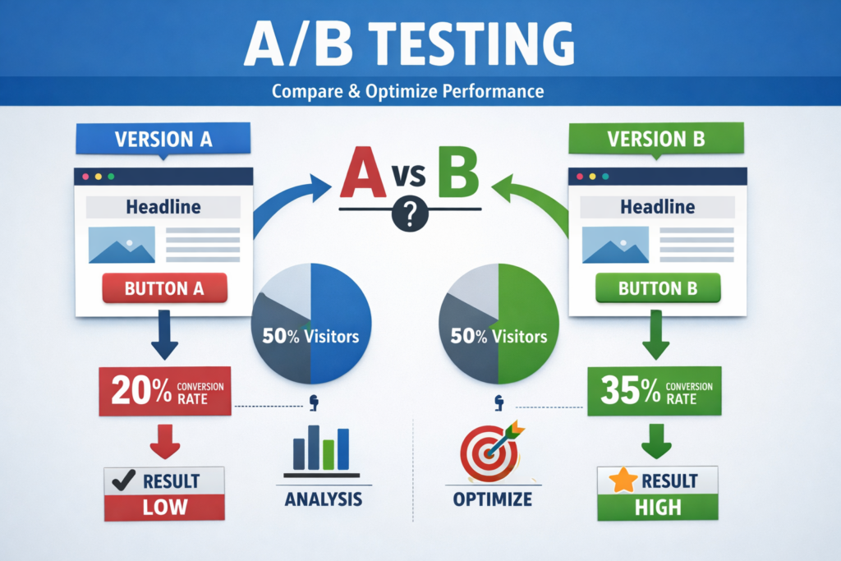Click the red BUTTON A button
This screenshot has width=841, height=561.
[164, 288]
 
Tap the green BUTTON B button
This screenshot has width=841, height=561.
[658, 288]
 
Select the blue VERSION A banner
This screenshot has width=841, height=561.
[163, 139]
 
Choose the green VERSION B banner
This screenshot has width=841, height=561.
[656, 139]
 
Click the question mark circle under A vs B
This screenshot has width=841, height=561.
[411, 214]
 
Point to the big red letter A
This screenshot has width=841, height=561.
[363, 172]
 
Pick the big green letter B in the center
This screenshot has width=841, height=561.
[458, 172]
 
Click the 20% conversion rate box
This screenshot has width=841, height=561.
[165, 391]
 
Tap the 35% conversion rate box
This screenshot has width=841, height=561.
[655, 391]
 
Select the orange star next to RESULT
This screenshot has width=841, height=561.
[623, 481]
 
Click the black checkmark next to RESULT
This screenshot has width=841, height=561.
[123, 481]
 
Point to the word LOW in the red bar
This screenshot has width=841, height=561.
[165, 507]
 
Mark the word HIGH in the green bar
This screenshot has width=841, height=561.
[658, 507]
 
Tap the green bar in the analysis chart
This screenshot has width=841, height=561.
[329, 455]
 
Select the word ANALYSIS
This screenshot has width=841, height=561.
[324, 499]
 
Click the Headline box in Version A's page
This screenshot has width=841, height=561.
[163, 207]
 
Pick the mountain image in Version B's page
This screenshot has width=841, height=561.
[615, 245]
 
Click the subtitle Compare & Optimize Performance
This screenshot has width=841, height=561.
[407, 91]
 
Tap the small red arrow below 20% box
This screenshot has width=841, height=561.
[165, 441]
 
